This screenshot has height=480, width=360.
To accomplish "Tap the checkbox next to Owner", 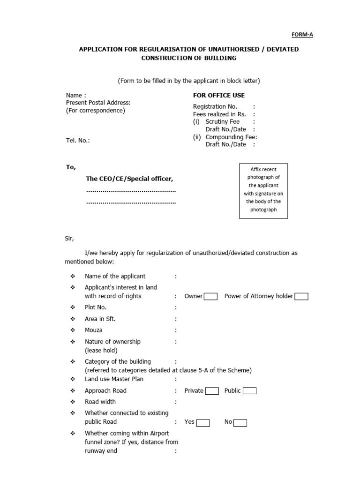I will coord(210,296).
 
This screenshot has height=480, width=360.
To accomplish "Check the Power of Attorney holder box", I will coord(301,296).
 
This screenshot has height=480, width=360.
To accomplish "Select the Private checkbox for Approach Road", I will coord(212,391).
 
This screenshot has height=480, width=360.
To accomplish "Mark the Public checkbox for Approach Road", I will coord(249,391).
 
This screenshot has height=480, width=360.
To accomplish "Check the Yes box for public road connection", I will coord(202,422).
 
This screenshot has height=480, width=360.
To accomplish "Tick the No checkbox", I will coord(240,422).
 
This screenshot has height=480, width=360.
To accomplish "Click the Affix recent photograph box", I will coord(263,191).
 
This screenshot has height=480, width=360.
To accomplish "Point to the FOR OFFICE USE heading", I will coord(216,95).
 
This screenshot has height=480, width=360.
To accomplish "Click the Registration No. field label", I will coord(215,106).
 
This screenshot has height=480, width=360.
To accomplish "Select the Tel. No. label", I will coord(78,140).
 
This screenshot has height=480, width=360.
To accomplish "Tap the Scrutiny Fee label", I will coord(222,121).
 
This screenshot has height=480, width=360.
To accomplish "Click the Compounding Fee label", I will coord(231,137).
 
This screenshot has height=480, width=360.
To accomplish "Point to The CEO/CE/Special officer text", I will coord(129,179).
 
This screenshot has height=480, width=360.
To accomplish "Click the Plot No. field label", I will coord(96,307).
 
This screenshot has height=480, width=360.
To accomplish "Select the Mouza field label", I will coord(94,330).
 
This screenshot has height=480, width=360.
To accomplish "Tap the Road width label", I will coord(100,402).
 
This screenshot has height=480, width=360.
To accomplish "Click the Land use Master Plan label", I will coord(114,379).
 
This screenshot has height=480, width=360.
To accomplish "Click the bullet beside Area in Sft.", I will coord(73,319).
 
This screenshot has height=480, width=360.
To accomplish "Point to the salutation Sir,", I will coord(69,238).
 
